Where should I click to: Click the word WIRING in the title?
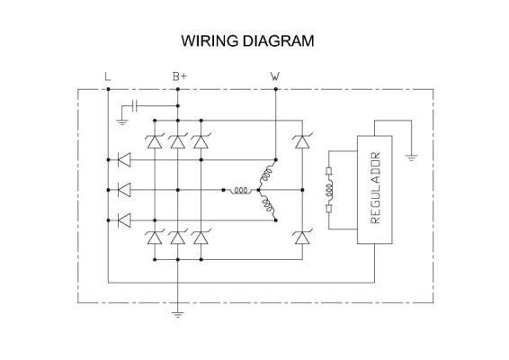(210, 40)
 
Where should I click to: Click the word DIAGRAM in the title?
(278, 40)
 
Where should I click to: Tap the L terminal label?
(107, 76)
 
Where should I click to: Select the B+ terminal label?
(180, 76)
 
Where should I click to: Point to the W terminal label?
(275, 76)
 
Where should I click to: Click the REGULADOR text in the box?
(375, 188)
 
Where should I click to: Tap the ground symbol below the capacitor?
(122, 122)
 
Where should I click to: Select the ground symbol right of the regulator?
(411, 158)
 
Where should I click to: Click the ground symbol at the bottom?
(177, 314)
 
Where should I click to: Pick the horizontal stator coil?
(240, 190)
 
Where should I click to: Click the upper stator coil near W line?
(267, 173)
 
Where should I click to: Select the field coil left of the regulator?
(329, 190)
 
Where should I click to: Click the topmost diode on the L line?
(124, 160)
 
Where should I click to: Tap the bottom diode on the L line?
(124, 220)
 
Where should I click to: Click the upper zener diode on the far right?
(302, 141)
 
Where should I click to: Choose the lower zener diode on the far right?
(302, 238)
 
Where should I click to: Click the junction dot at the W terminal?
(275, 89)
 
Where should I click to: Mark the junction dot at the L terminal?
(108, 89)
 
